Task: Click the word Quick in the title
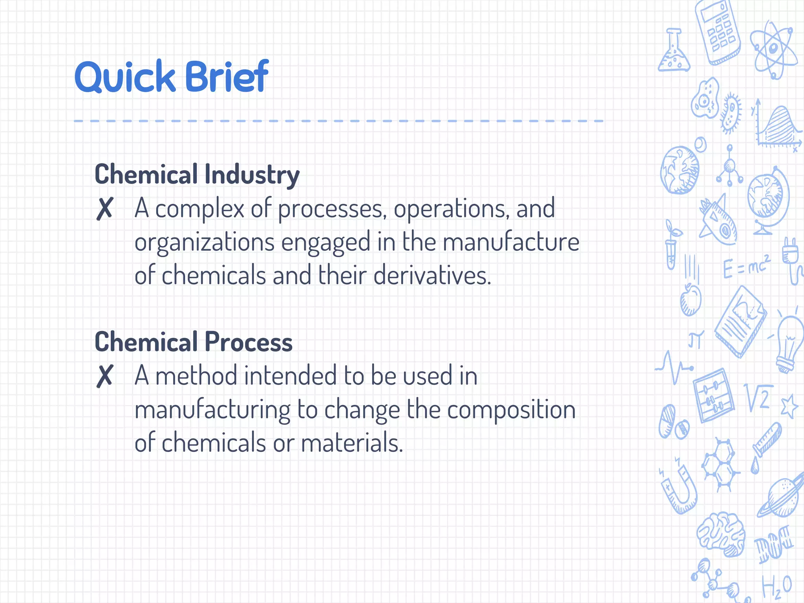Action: (125, 77)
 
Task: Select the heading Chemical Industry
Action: (197, 174)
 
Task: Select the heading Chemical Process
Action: (194, 342)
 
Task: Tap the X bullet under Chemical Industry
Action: (105, 209)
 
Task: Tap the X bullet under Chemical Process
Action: (105, 376)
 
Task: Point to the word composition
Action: (511, 410)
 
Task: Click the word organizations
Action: (204, 243)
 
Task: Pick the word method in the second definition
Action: (196, 376)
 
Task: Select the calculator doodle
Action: (718, 31)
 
